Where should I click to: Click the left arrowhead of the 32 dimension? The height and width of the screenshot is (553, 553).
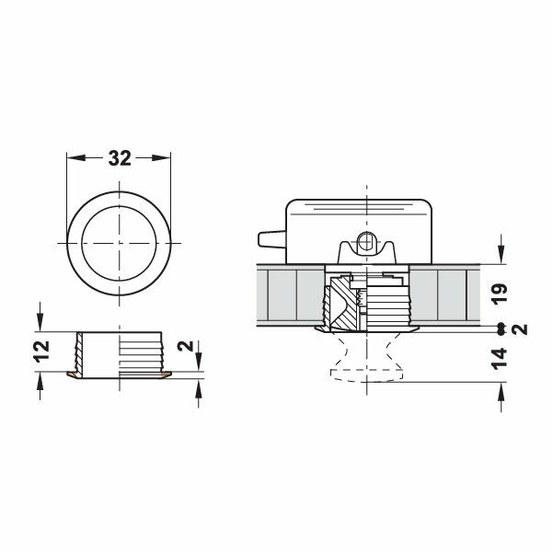tap(74, 157)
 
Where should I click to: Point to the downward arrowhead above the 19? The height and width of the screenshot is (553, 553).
tap(501, 257)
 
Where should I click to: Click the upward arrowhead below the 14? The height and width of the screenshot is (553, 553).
tap(501, 387)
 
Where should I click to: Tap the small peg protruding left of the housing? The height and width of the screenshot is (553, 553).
tap(270, 241)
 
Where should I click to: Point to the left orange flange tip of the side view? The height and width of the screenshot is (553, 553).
tap(73, 374)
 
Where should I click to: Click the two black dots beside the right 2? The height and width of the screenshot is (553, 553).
tap(501, 328)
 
